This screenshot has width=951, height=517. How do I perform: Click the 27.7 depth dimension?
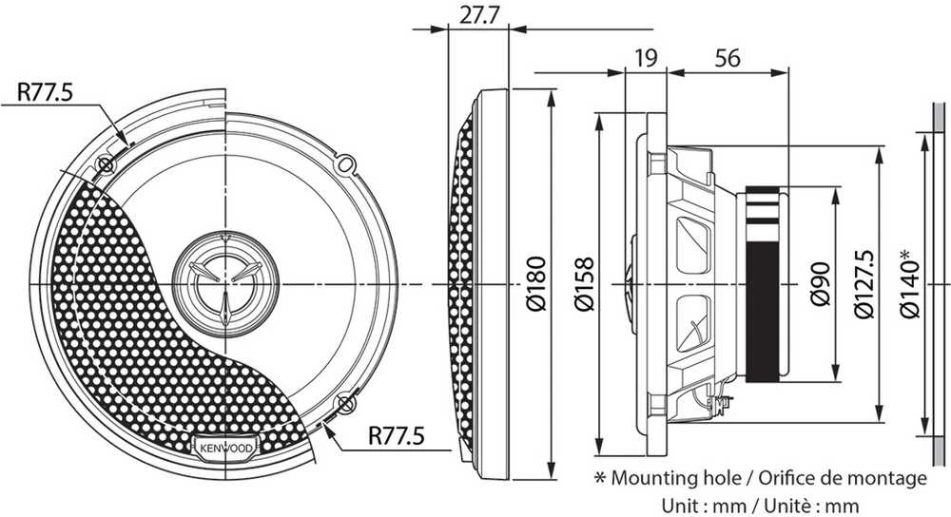pyautogui.click(x=478, y=14)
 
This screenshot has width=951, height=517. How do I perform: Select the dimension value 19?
pyautogui.click(x=646, y=59)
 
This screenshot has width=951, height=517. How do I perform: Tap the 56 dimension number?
pyautogui.click(x=728, y=59)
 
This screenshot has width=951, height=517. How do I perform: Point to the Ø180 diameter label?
pyautogui.click(x=536, y=283)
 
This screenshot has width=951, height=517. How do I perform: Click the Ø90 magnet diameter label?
pyautogui.click(x=820, y=284)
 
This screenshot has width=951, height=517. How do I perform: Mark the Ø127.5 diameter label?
pyautogui.click(x=864, y=284)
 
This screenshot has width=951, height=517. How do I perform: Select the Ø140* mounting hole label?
pyautogui.click(x=910, y=282)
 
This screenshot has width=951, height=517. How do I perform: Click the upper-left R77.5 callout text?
pyautogui.click(x=45, y=92)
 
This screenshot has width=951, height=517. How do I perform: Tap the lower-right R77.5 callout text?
pyautogui.click(x=397, y=435)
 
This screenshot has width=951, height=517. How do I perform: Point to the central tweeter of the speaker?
pyautogui.click(x=225, y=284)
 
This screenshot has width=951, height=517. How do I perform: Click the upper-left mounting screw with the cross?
pyautogui.click(x=105, y=164)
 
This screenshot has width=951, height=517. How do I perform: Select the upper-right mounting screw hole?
pyautogui.click(x=345, y=163)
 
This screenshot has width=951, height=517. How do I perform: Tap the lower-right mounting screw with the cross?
pyautogui.click(x=344, y=404)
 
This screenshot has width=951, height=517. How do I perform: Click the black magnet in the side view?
pyautogui.click(x=763, y=284)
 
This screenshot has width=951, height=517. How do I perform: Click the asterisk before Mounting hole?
pyautogui.click(x=600, y=478)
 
